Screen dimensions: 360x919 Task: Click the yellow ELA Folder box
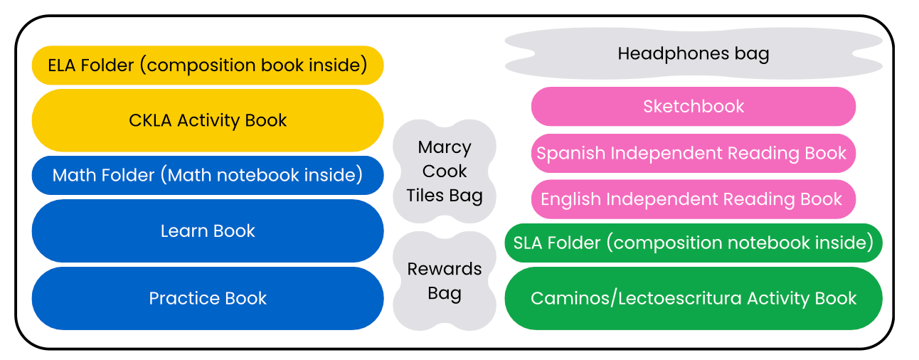208,65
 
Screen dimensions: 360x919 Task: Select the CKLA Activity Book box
208,120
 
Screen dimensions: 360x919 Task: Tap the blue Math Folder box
208,175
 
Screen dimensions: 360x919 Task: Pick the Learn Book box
208,231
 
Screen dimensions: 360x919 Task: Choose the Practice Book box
208,298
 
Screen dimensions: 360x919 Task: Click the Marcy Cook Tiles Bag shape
445,171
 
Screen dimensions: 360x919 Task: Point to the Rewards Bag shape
445,281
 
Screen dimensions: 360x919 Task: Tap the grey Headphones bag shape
694,53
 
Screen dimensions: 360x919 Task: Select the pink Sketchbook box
694,107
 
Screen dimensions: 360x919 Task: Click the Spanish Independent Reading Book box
694,153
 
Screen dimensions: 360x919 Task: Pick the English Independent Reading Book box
694,199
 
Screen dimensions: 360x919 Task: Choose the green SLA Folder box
694,243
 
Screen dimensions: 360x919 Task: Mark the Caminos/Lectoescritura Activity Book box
694,298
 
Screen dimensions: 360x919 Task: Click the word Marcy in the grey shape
445,148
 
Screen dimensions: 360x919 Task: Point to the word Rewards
445,269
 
